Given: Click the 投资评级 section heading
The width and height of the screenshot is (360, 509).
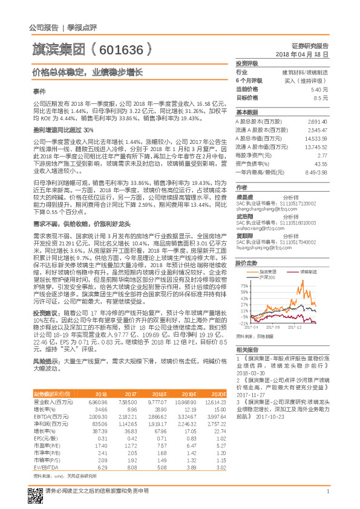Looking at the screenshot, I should click(x=247, y=63).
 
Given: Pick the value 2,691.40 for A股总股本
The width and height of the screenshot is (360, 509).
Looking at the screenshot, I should click(x=318, y=121).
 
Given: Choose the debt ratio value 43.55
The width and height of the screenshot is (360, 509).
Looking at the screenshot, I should click(x=321, y=164).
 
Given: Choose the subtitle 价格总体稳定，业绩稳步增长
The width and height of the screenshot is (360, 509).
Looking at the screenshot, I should click(x=87, y=72).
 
